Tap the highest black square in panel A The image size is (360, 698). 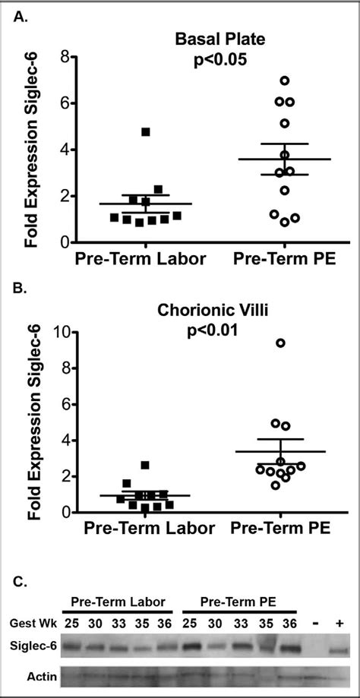click(146, 132)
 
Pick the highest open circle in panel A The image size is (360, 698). click(284, 81)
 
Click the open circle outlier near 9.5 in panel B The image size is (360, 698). click(280, 343)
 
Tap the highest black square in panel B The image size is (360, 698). click(145, 465)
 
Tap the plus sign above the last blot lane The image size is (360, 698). click(339, 623)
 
